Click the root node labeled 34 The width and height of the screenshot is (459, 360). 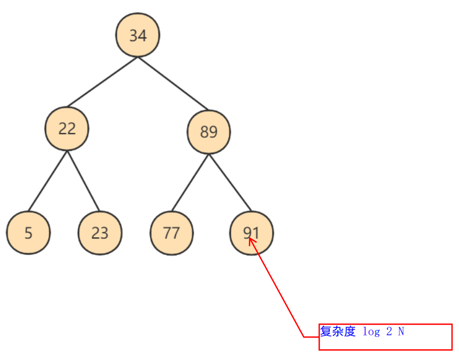tap(138, 35)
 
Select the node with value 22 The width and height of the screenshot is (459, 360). tap(67, 129)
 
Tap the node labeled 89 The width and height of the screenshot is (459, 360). tap(209, 132)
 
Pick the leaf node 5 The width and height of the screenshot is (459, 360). tap(28, 232)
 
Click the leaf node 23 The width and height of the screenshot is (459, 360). tap(100, 232)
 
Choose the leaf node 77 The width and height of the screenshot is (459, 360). tap(171, 232)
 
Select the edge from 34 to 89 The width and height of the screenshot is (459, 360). tap(173, 83)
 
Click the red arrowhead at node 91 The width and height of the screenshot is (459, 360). tap(252, 242)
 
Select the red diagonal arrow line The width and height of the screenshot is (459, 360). tap(279, 289)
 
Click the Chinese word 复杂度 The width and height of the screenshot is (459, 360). tap(337, 332)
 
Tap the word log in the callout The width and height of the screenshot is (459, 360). tap(371, 332)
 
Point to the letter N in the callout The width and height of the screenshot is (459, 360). tap(401, 332)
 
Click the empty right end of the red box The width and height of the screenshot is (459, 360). tap(434, 337)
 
